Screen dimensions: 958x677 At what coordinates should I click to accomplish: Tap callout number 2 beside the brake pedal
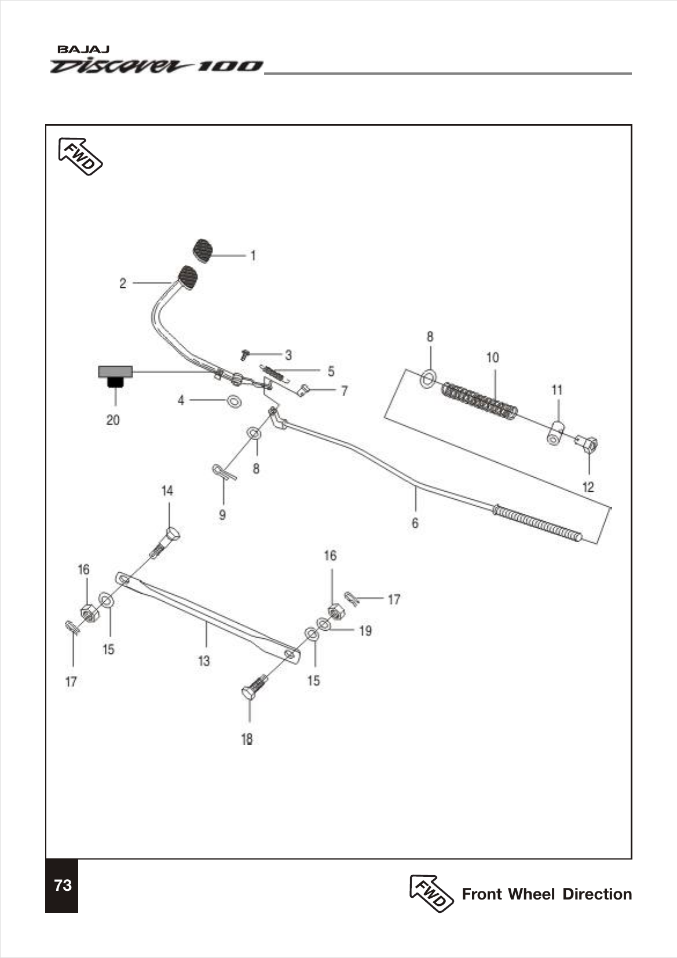(123, 283)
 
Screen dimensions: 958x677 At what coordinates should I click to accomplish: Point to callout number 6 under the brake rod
(415, 523)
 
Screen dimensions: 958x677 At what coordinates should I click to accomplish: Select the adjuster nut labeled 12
(588, 445)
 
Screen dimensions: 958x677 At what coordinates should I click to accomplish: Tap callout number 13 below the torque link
(204, 661)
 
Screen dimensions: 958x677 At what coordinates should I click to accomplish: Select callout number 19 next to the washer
(365, 631)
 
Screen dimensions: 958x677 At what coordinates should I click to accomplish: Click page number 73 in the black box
(63, 885)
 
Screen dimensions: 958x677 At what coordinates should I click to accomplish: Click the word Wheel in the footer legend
(532, 894)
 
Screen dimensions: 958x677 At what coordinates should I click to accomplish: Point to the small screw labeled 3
(245, 353)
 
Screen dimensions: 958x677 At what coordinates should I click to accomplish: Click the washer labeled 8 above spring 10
(428, 378)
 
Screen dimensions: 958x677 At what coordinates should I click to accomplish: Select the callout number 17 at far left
(71, 682)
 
